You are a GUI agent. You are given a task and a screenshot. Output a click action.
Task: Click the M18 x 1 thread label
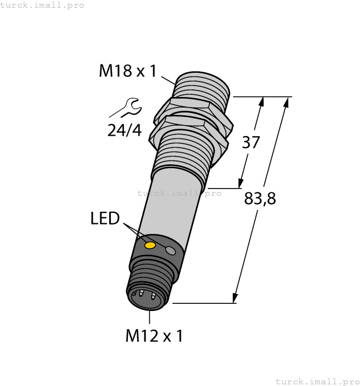pyautogui.click(x=128, y=71)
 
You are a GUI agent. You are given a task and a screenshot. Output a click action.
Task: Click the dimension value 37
pyautogui.click(x=251, y=142)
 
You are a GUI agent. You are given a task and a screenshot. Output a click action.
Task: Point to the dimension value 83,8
pyautogui.click(x=260, y=199)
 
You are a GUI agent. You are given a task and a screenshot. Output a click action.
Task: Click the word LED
pyautogui.click(x=105, y=219)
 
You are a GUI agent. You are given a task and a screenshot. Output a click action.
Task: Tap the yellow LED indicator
pyautogui.click(x=149, y=245)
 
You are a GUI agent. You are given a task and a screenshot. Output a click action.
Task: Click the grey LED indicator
pyautogui.click(x=171, y=251)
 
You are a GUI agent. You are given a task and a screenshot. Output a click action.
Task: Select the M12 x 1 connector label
pyautogui.click(x=154, y=335)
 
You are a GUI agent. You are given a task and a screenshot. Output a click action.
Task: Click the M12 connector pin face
pyautogui.click(x=144, y=298)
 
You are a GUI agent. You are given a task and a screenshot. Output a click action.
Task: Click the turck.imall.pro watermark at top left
pyautogui.click(x=42, y=5)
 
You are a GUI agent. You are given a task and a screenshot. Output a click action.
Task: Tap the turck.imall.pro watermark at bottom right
pyautogui.click(x=317, y=381)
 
